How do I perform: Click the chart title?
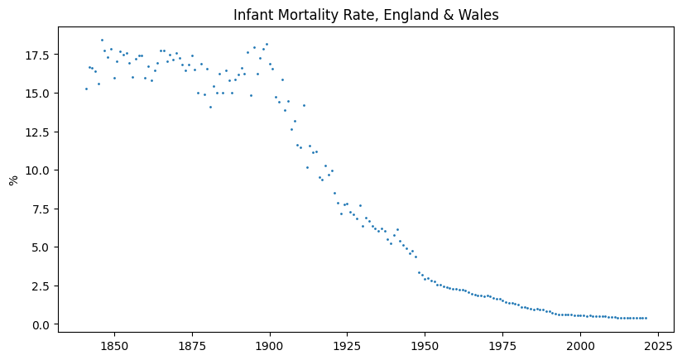pos(365,15)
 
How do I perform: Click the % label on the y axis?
pos(13,180)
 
